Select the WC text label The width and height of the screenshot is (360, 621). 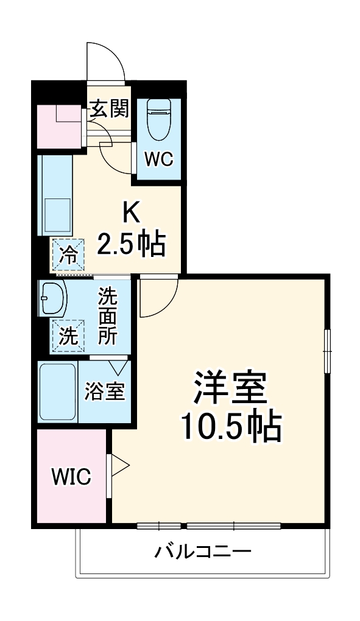[x=159, y=159]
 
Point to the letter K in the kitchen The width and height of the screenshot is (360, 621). [x=133, y=214]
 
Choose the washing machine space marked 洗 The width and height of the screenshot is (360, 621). [x=69, y=335]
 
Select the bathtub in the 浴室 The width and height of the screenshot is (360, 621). [x=57, y=392]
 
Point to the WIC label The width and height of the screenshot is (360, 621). [x=71, y=476]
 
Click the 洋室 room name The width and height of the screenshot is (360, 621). [x=230, y=388]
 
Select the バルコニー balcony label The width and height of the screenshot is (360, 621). [x=202, y=552]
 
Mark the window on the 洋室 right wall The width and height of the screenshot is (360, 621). [x=327, y=350]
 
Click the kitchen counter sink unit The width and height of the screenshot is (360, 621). [x=55, y=195]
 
